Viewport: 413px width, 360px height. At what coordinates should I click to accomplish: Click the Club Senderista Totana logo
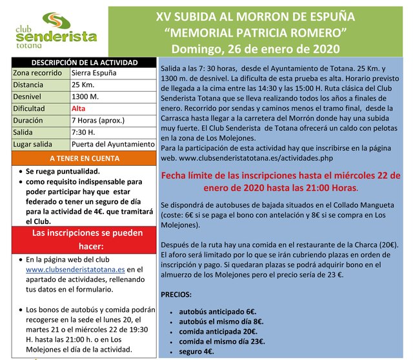pyautogui.click(x=59, y=31)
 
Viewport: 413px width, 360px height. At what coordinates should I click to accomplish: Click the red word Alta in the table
pyautogui.click(x=79, y=108)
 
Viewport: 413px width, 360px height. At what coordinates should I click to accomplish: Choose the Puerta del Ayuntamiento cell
pyautogui.click(x=112, y=144)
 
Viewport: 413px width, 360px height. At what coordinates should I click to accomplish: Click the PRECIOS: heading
pyautogui.click(x=176, y=294)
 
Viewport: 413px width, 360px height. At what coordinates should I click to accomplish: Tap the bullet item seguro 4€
pyautogui.click(x=196, y=352)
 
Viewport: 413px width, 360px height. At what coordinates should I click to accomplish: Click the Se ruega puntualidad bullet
pyautogui.click(x=63, y=172)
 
